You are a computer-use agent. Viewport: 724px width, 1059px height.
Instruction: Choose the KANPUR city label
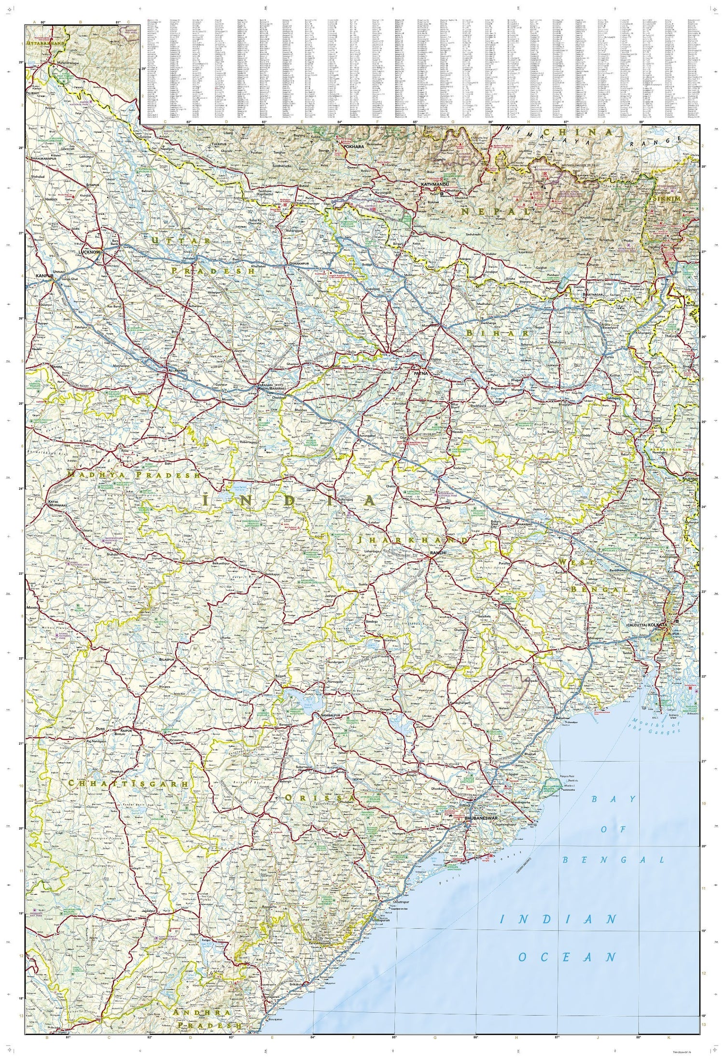[44, 275]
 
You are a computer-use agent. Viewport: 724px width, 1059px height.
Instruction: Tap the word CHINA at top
[577, 132]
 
